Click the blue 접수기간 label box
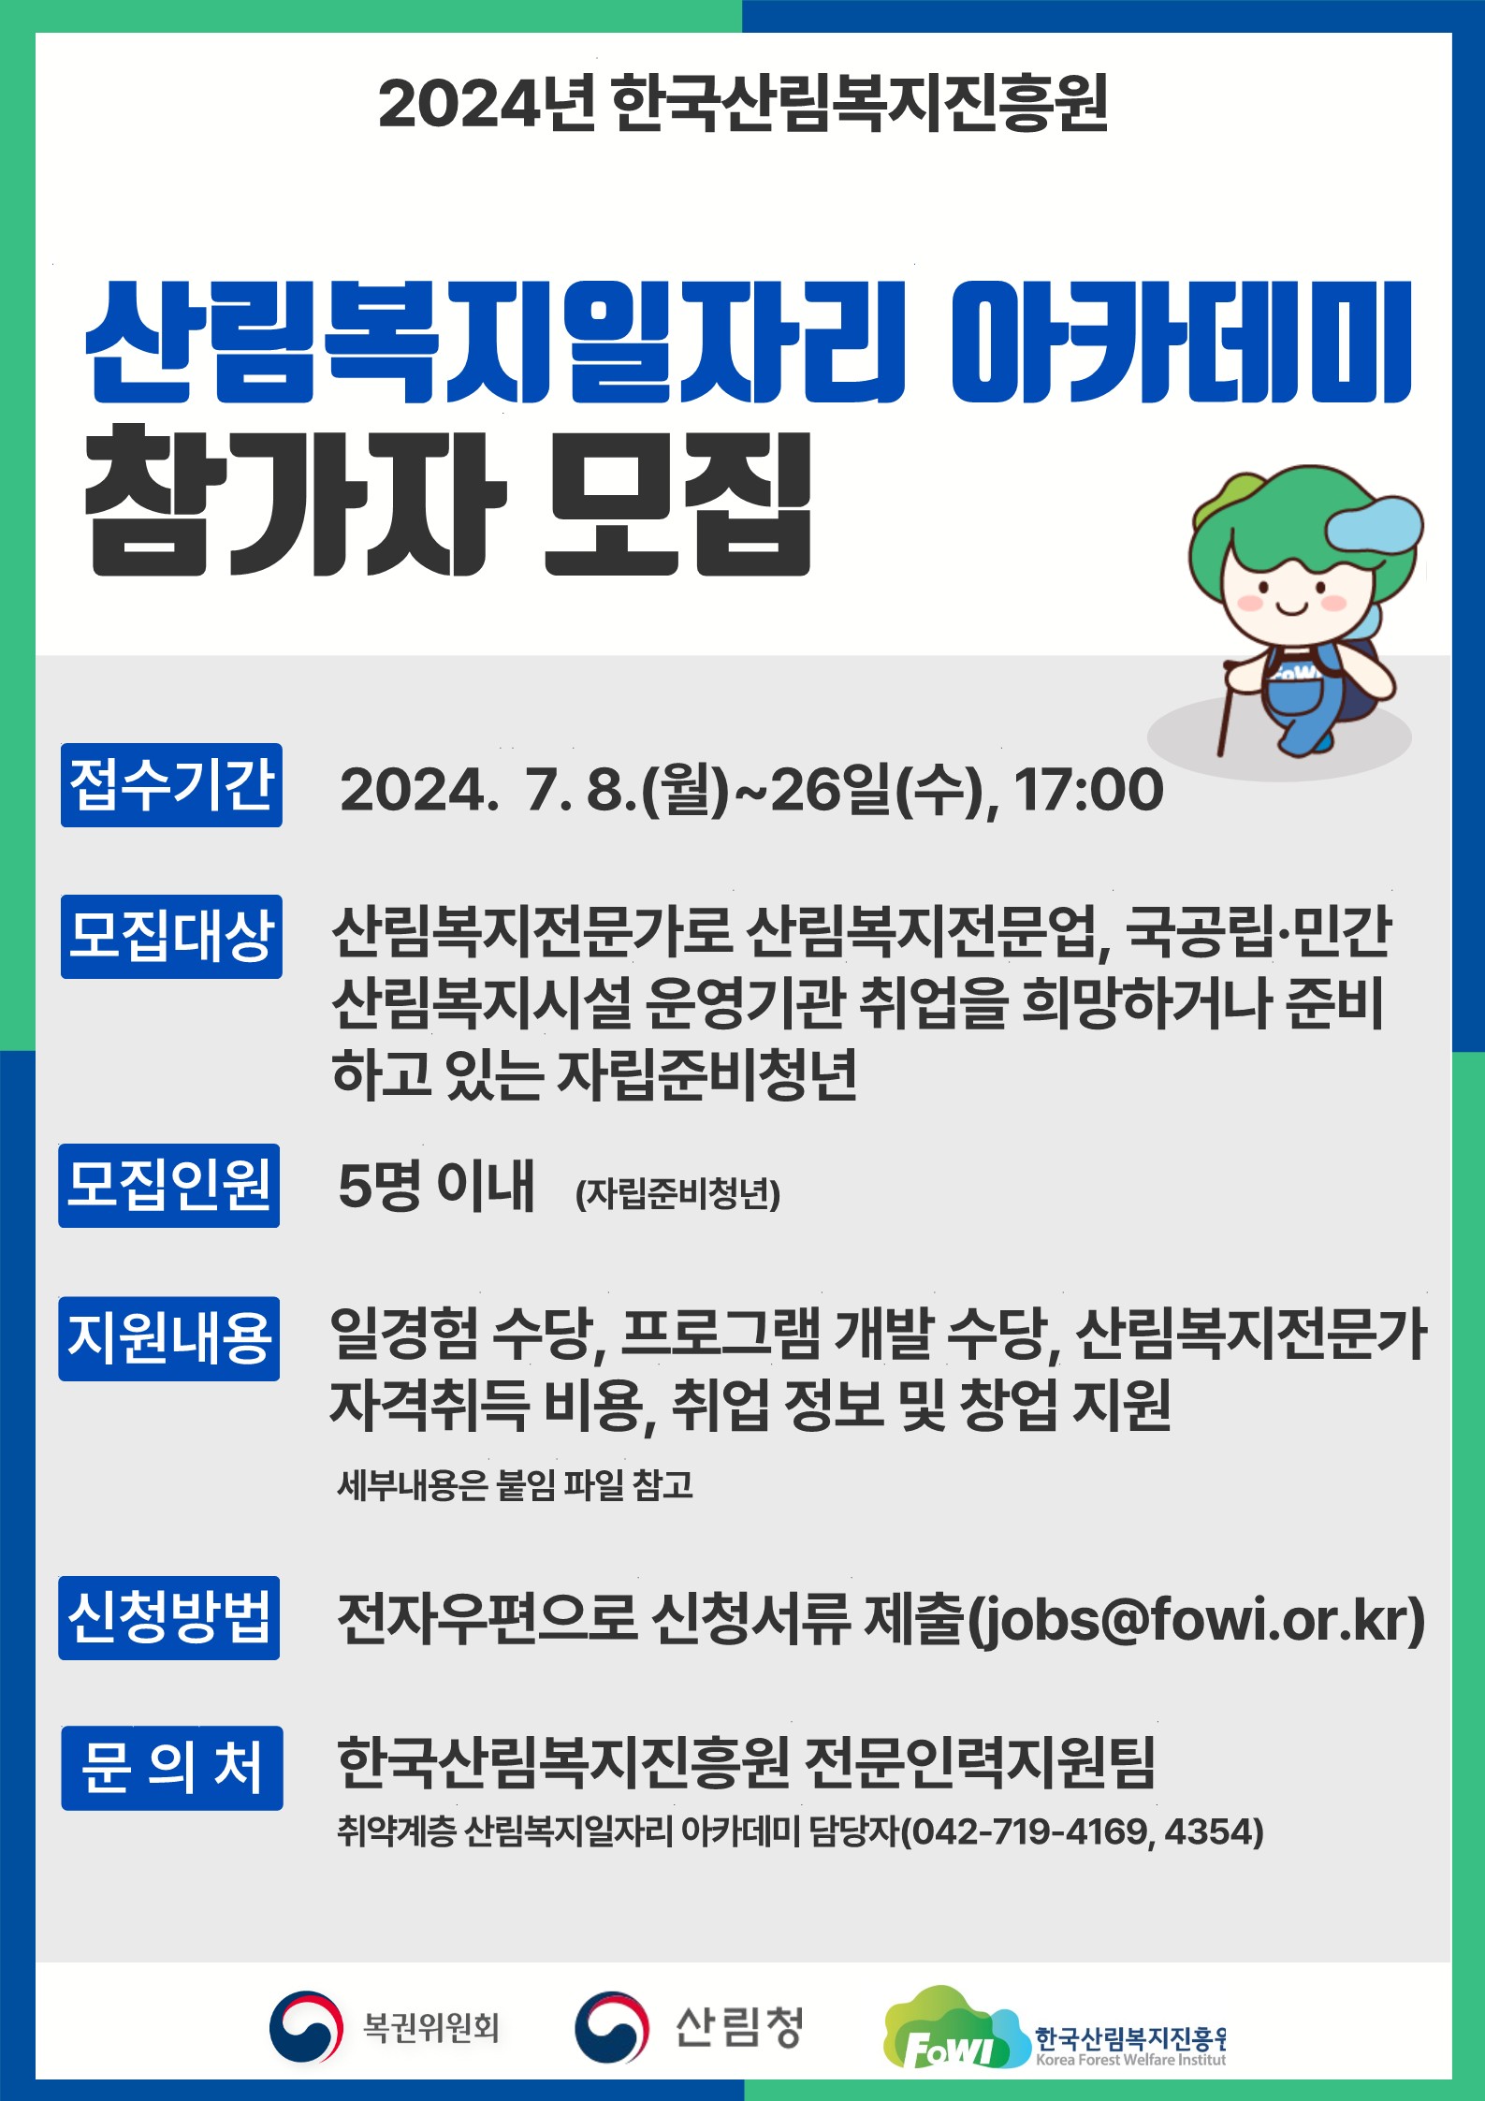tap(171, 785)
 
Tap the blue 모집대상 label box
tap(171, 937)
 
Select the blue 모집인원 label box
tap(169, 1186)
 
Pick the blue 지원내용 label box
tap(169, 1339)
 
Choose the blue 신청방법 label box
tap(169, 1618)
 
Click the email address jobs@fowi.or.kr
tap(1195, 1620)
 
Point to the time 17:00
tap(1089, 790)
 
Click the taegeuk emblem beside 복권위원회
tap(305, 2027)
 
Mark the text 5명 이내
tap(436, 1186)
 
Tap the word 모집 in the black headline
tap(677, 503)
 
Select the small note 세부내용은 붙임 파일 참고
tap(516, 1485)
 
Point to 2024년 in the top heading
tap(487, 103)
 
